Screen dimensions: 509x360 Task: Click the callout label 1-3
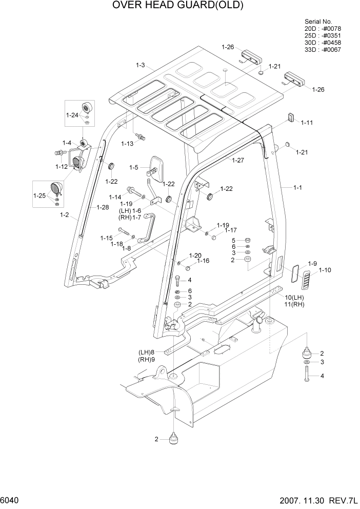click(x=141, y=65)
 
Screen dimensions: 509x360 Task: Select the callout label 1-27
click(x=238, y=161)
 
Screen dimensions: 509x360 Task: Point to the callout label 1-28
click(x=103, y=207)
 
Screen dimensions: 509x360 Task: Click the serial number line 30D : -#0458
click(x=323, y=43)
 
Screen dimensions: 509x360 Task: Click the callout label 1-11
click(x=307, y=123)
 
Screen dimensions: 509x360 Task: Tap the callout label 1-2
click(x=65, y=214)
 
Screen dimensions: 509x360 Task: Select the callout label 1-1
click(x=297, y=188)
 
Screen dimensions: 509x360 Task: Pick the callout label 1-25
click(x=39, y=195)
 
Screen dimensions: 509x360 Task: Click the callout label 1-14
click(x=115, y=197)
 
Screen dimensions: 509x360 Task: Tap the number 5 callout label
click(x=233, y=240)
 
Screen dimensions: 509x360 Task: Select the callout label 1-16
click(x=203, y=261)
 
